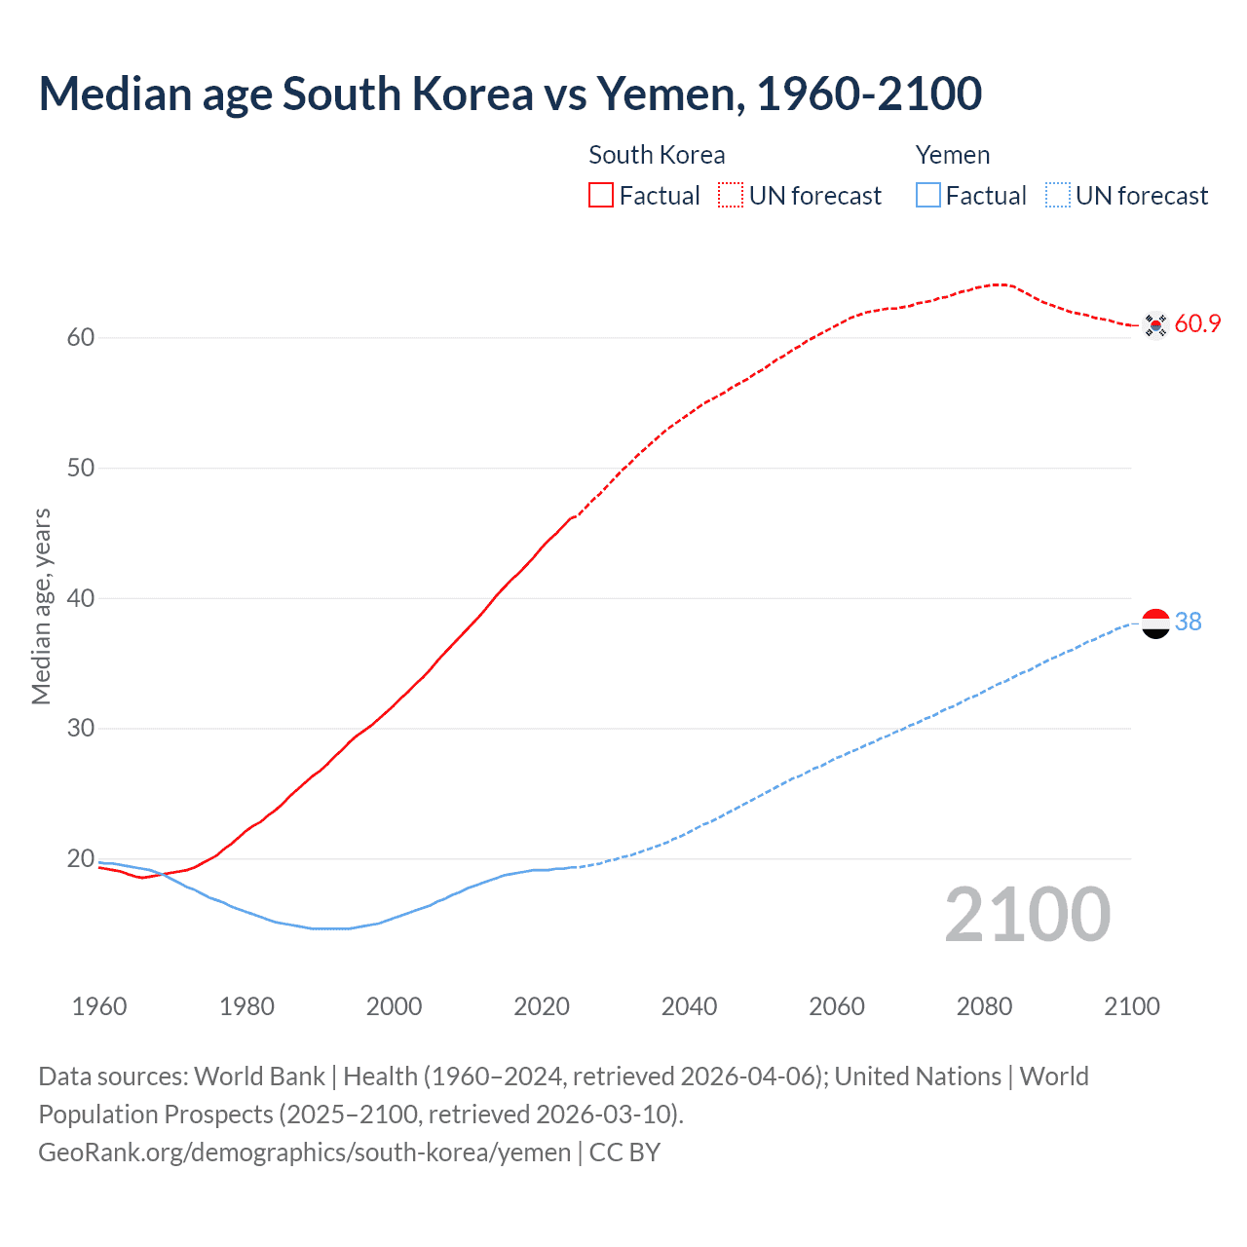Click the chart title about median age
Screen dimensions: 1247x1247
[x=510, y=94]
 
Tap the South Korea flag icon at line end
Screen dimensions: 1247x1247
[x=1155, y=324]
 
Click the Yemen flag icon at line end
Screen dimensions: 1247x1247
[x=1155, y=623]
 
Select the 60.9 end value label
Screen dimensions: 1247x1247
[x=1197, y=324]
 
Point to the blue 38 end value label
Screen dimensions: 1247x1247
[x=1189, y=622]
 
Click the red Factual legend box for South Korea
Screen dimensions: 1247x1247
[x=601, y=196]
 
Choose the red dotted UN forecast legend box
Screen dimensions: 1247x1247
[x=731, y=196]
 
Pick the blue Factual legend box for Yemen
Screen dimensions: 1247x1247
[x=927, y=196]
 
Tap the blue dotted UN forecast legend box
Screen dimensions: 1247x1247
[x=1057, y=196]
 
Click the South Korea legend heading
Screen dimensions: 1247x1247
[x=657, y=155]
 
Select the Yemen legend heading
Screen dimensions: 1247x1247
[x=952, y=155]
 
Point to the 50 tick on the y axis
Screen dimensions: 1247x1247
[x=81, y=468]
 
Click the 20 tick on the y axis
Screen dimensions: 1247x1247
[x=81, y=858]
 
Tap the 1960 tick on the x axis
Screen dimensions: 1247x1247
[x=99, y=1006]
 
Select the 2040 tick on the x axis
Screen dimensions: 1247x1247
[x=689, y=1006]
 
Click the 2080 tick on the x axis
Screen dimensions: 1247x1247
[x=984, y=1006]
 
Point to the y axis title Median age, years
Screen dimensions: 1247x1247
[x=41, y=606]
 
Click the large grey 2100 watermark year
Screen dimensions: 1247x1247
[x=1027, y=914]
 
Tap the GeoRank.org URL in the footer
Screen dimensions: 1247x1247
[x=304, y=1153]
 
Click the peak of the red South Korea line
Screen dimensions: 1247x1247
[x=999, y=284]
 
